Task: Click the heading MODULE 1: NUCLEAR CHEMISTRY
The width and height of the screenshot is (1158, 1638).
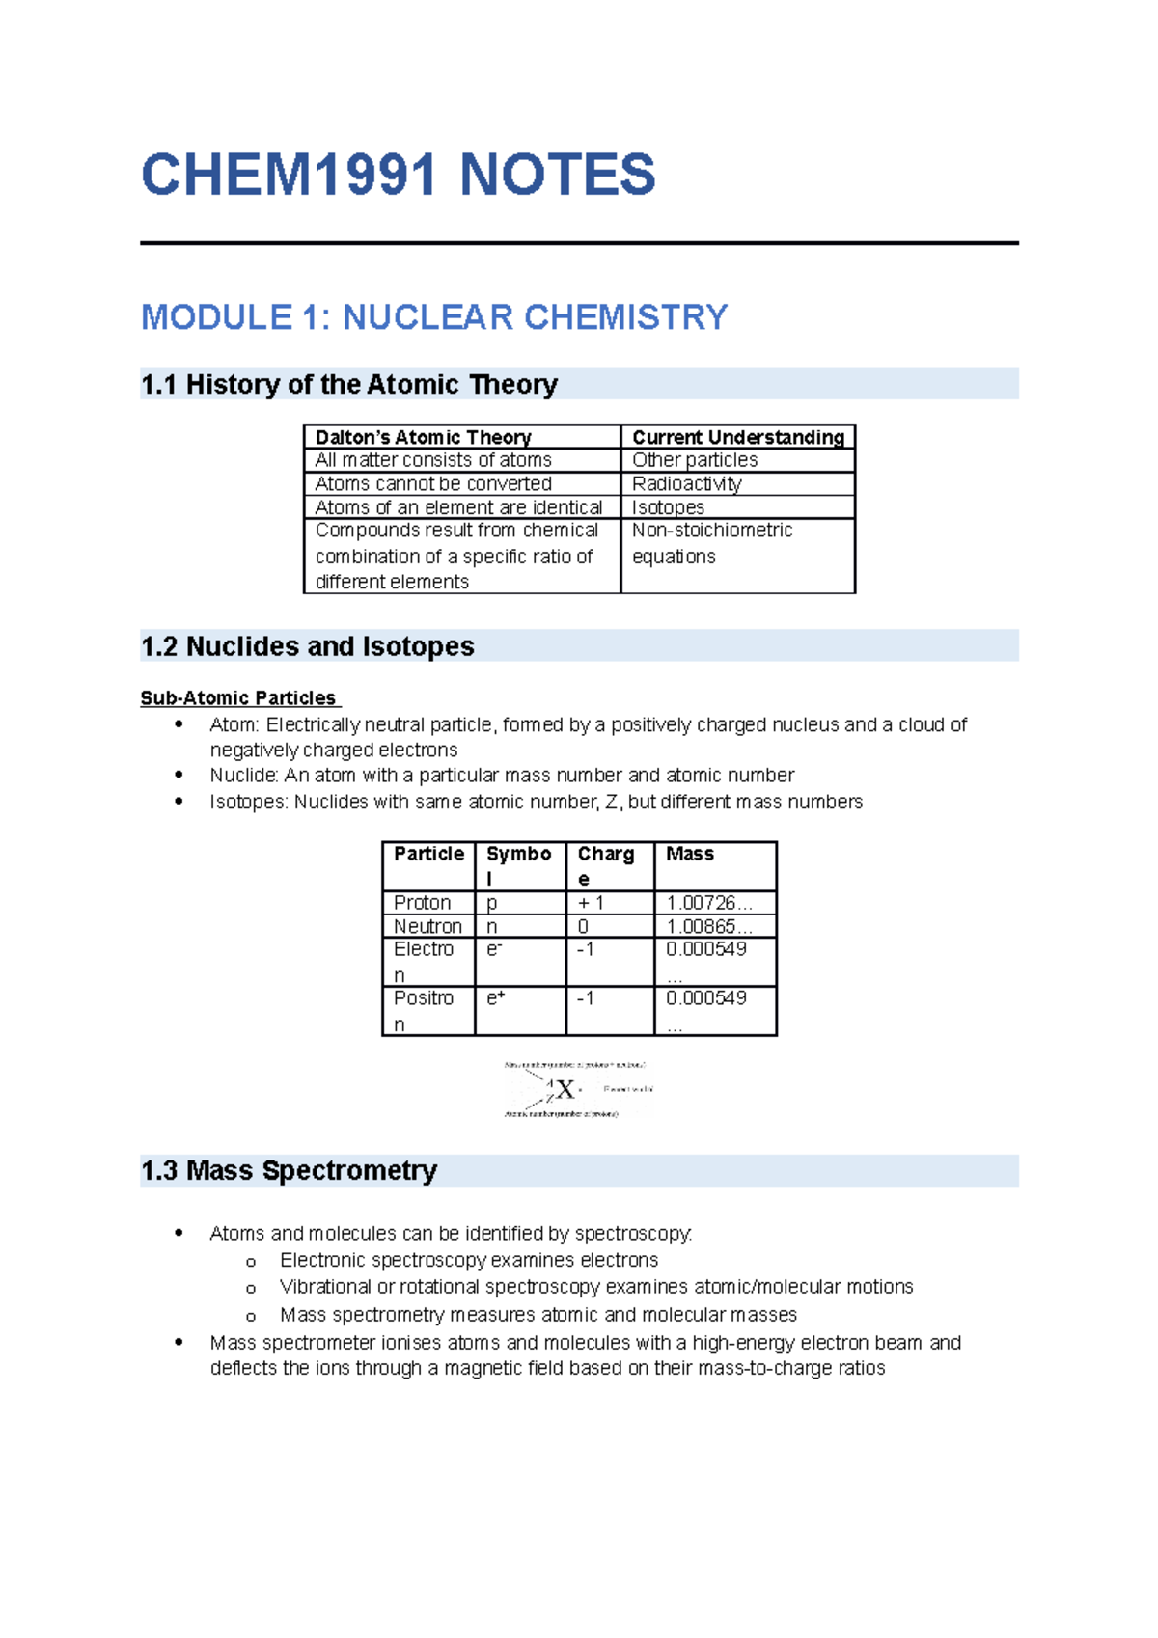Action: (x=433, y=317)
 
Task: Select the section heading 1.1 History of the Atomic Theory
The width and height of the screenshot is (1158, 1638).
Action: (x=348, y=384)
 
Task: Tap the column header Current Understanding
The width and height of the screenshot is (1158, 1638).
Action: (x=737, y=437)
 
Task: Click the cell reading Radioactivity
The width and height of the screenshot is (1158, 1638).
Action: (x=686, y=483)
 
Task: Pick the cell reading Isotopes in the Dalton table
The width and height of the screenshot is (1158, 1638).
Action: (x=668, y=507)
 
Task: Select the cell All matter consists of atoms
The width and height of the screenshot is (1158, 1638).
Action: (x=432, y=460)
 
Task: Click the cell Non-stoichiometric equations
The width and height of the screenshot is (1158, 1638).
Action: (x=711, y=543)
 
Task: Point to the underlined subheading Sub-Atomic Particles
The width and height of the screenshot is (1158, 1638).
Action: (x=238, y=697)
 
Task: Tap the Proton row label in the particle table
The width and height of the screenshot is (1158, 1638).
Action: (x=422, y=903)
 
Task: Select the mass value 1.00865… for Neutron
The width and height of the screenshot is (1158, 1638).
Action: (x=707, y=926)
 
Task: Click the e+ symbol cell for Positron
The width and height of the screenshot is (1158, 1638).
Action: (x=495, y=998)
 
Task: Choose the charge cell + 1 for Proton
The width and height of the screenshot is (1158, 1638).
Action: (x=591, y=903)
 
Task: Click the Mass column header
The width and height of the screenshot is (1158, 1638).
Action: (x=689, y=854)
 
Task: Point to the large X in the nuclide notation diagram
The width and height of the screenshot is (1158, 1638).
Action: (x=565, y=1089)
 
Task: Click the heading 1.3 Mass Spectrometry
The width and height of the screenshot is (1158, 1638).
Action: (x=289, y=1171)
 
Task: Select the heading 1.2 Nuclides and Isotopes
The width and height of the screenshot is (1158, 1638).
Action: (x=307, y=646)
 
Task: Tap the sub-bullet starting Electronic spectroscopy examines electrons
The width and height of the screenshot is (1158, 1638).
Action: (x=468, y=1260)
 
